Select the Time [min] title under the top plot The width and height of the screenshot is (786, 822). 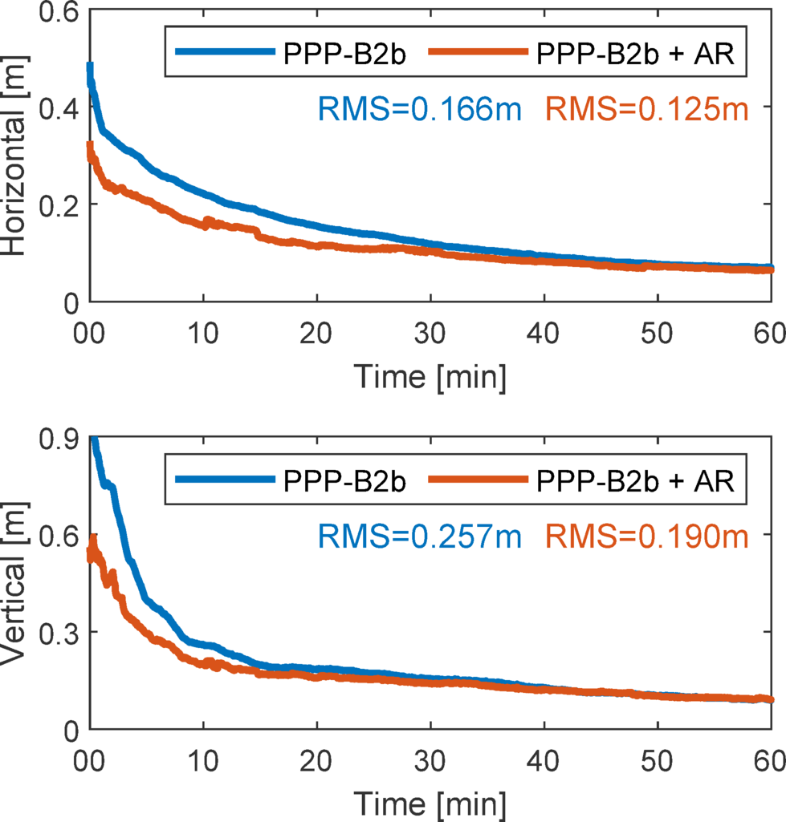point(430,377)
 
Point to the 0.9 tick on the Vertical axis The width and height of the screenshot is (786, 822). point(56,439)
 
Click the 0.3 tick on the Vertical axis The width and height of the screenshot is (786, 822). point(56,633)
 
